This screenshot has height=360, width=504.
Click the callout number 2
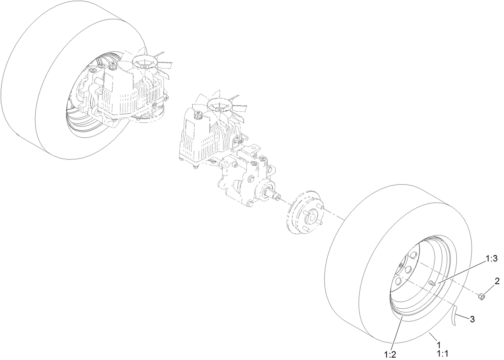pyautogui.click(x=497, y=282)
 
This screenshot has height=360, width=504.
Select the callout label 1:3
pyautogui.click(x=491, y=259)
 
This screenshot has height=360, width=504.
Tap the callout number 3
pyautogui.click(x=472, y=319)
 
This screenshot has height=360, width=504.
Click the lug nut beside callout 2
pyautogui.click(x=482, y=297)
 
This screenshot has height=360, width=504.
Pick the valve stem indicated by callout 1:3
pyautogui.click(x=432, y=283)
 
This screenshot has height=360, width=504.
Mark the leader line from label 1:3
pyautogui.click(x=461, y=273)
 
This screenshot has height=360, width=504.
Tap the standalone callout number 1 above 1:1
pyautogui.click(x=439, y=345)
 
